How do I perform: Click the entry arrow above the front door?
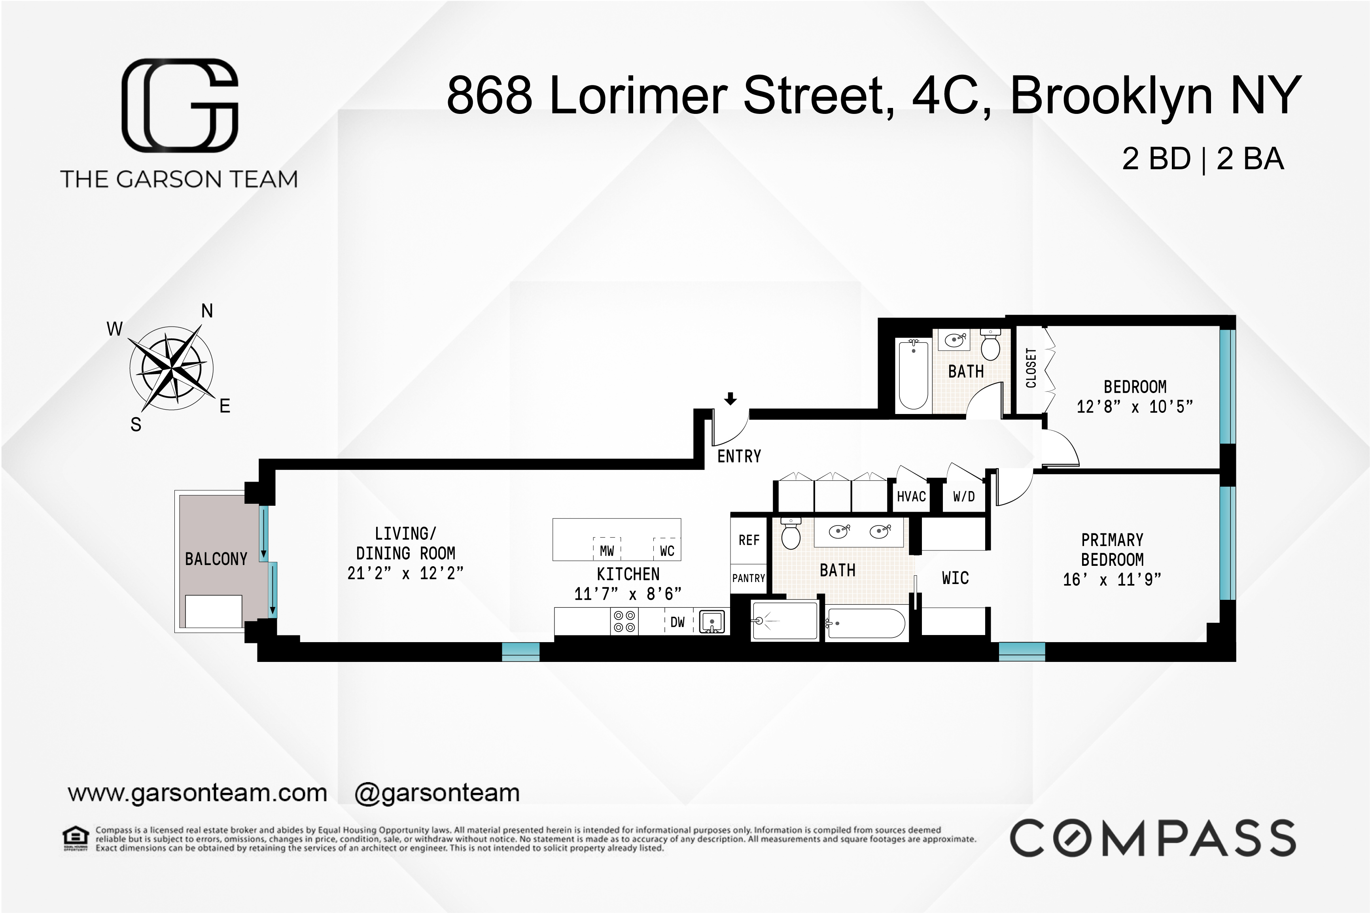730,399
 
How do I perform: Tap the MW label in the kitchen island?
607,551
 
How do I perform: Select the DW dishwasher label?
677,622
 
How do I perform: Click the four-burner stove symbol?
624,621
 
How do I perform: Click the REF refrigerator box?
749,541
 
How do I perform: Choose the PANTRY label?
748,578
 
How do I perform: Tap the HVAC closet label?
911,497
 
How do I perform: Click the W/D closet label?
963,497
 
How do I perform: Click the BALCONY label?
216,559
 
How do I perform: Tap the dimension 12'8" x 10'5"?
1135,406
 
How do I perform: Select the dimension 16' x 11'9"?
1112,579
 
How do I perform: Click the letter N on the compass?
207,311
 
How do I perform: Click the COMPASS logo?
1153,839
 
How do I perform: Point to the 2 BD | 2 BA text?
1203,159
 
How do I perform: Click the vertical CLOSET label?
1031,368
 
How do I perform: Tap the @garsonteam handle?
437,793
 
